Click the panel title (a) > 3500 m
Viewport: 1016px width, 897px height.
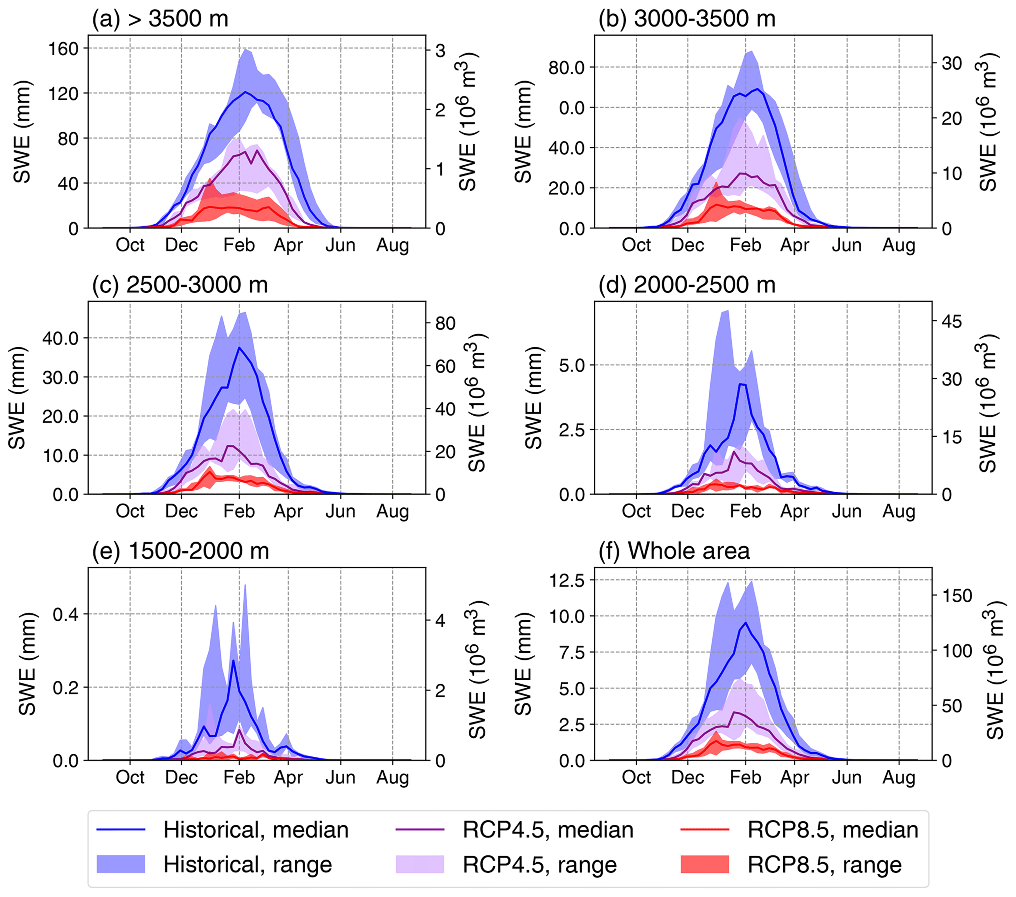click(x=160, y=19)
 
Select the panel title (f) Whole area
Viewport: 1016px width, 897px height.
click(x=674, y=551)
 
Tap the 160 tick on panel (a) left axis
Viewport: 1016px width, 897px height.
click(x=63, y=49)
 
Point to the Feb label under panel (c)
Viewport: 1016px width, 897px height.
click(x=239, y=511)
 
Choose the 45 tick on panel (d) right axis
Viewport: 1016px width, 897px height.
click(x=952, y=321)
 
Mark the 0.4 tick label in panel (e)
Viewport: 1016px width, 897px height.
click(x=65, y=614)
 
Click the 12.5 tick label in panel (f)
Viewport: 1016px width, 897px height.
click(x=567, y=580)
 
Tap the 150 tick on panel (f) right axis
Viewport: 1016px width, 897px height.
click(x=957, y=595)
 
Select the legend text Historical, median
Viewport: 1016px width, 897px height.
click(x=256, y=830)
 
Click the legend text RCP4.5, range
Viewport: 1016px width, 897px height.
click(x=540, y=865)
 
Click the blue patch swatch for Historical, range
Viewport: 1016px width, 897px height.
click(x=121, y=864)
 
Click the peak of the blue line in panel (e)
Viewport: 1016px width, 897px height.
click(x=233, y=661)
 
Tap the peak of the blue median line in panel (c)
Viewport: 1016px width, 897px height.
click(x=239, y=347)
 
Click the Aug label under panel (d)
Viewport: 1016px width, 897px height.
click(x=899, y=511)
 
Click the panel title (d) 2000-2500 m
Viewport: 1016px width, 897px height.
click(x=687, y=285)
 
